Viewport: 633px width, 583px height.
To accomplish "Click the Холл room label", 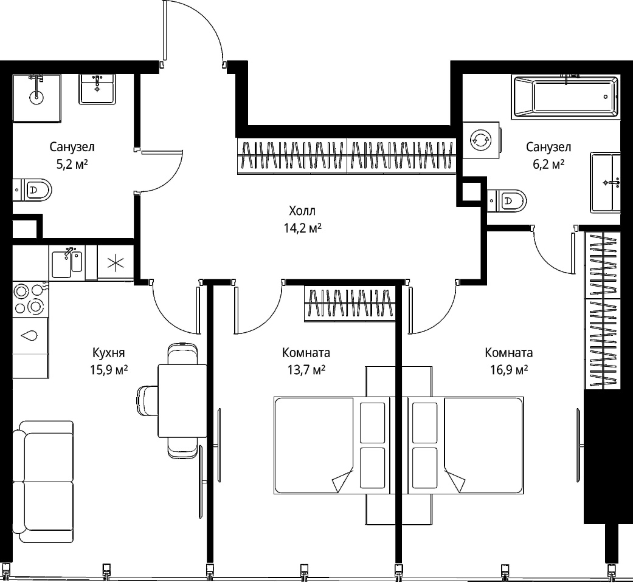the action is coord(302,211).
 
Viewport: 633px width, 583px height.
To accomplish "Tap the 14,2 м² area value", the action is coord(303,228).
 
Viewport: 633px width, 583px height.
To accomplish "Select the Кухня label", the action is coord(109,353).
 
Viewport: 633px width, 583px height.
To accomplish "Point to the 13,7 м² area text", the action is coord(306,370).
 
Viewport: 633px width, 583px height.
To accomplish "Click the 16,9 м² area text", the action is coord(510,370).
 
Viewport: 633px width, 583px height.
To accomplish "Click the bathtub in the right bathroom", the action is coord(565,97).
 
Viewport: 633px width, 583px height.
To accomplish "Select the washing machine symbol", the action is coord(481,140).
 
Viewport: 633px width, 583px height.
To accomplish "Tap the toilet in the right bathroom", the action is coord(507,200).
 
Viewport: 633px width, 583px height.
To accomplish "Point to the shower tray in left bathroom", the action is coord(36,98).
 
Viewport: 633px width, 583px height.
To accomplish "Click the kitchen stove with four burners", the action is coord(30,299).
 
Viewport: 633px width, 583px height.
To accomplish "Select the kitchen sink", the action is coord(67,262).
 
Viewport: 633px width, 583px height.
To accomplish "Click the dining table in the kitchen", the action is coord(182,401).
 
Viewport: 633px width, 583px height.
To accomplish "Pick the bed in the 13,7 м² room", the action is coord(332,446).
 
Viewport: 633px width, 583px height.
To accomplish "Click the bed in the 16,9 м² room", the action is coord(466,446).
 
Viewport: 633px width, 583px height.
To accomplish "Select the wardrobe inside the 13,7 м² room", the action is coord(350,303).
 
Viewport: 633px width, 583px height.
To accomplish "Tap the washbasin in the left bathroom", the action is coord(97,89).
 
